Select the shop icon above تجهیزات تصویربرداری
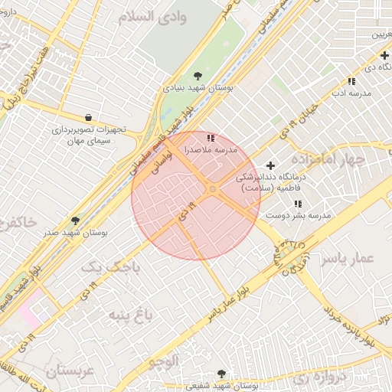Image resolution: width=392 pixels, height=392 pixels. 90,117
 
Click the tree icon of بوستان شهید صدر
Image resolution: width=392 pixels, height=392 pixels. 74,220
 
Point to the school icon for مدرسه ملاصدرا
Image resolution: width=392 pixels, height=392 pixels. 211,138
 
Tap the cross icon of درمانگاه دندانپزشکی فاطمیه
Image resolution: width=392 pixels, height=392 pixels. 269,165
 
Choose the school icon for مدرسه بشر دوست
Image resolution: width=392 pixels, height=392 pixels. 298,204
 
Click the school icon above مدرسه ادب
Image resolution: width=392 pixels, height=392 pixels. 351,81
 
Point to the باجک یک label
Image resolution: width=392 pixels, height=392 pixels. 111,266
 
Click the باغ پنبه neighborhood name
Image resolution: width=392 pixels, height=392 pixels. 130,315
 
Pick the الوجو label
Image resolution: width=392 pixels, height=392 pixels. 164,359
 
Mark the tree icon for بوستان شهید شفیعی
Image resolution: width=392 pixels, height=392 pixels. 222,374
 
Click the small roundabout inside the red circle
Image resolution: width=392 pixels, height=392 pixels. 212,189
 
